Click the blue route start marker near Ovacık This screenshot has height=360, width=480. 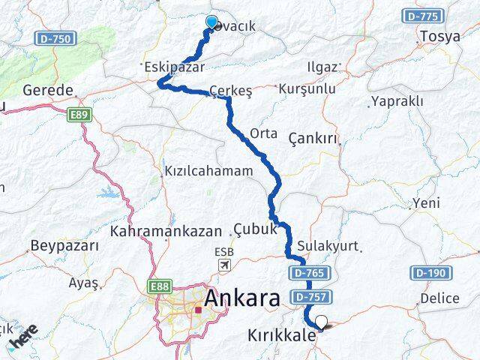pos(211,22)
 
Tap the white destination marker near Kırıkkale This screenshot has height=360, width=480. pos(322,323)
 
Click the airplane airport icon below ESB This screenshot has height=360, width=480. pos(223,266)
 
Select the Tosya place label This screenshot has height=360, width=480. pos(440,36)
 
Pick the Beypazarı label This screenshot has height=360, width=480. pos(64,246)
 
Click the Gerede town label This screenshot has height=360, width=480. pos(48,90)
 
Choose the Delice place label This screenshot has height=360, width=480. pos(439,298)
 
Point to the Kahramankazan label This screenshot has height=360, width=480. pos(166,231)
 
